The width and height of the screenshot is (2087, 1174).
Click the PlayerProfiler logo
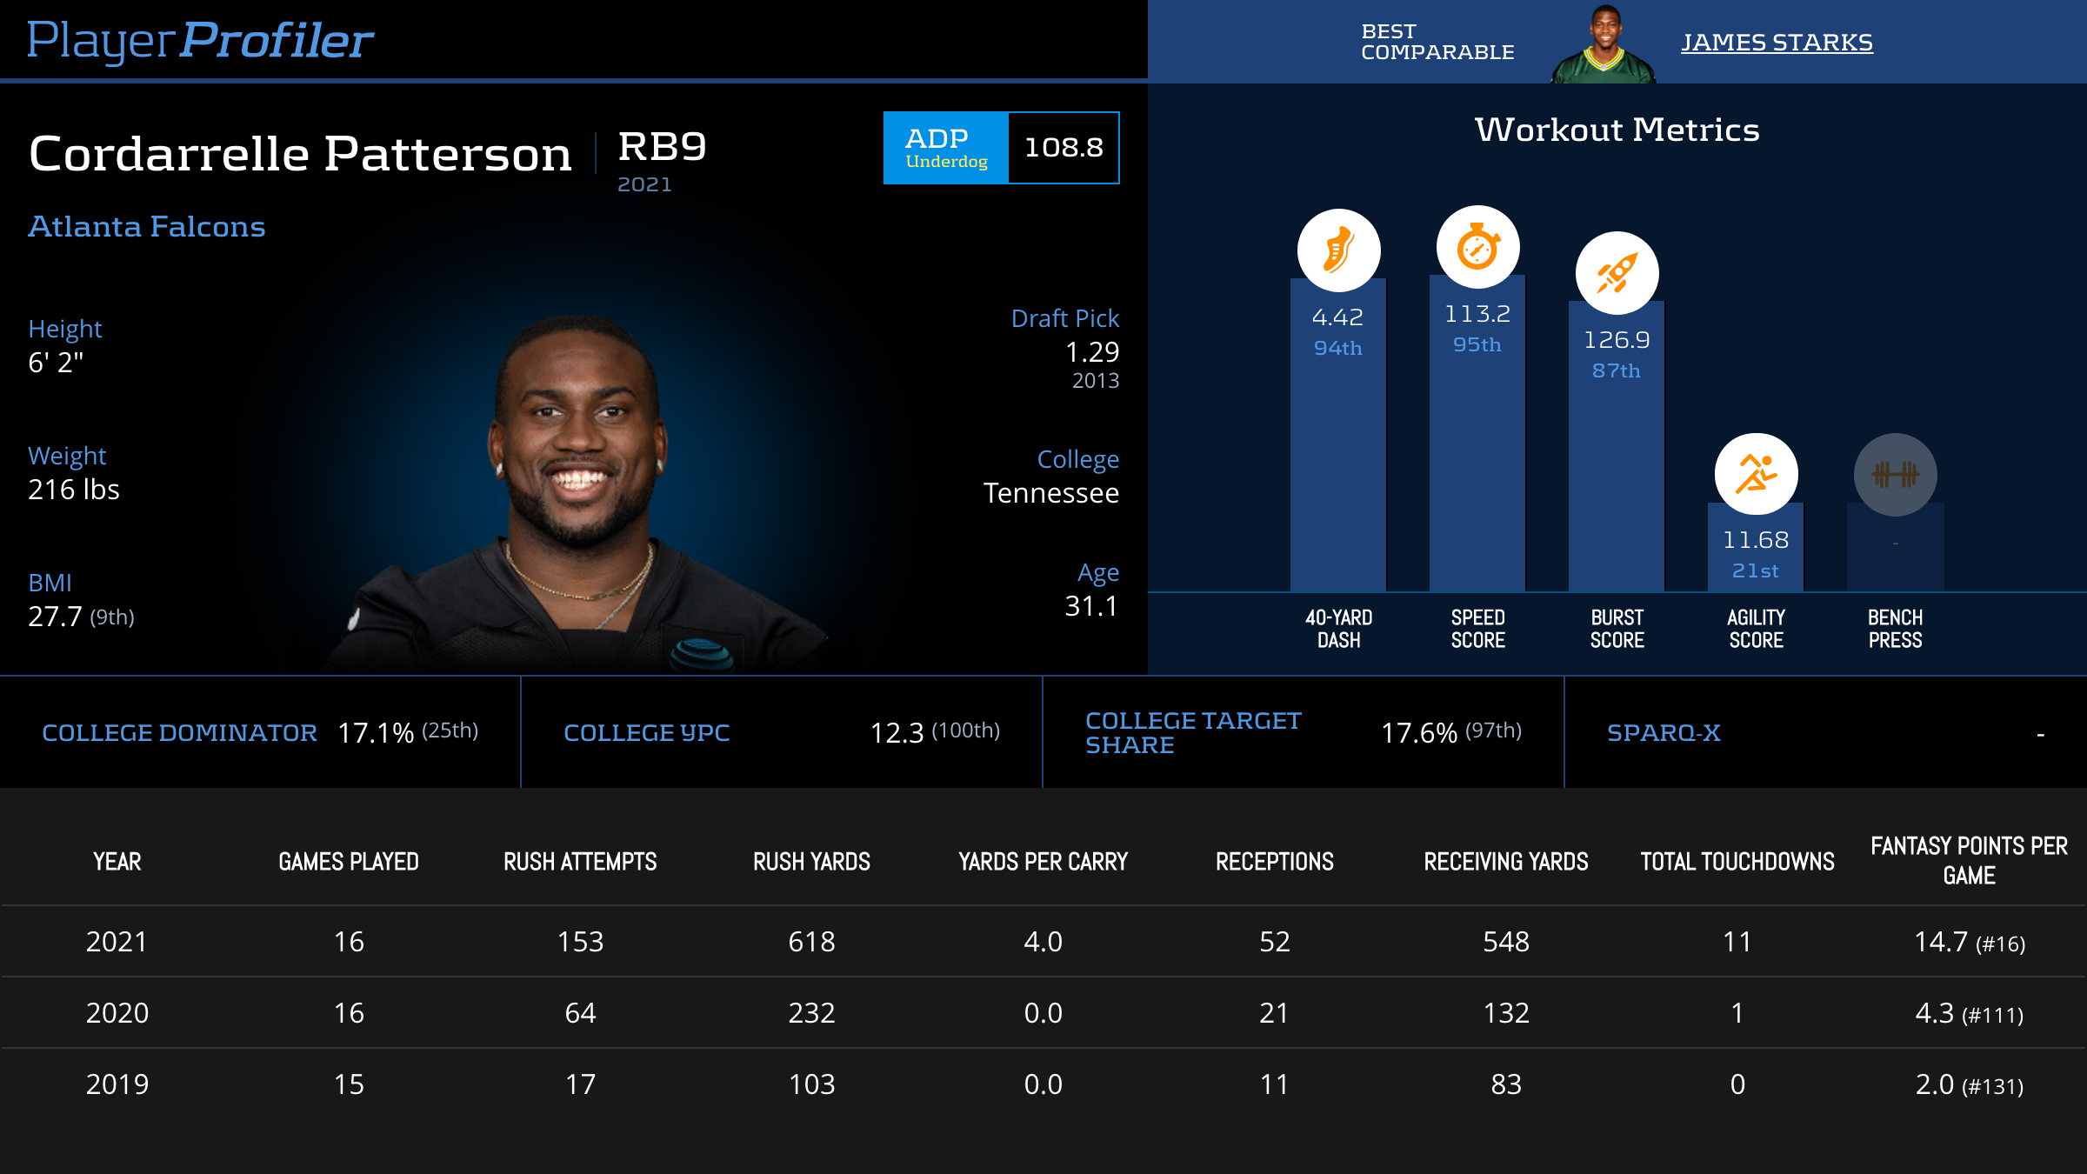coord(200,40)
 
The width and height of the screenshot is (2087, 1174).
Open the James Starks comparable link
coord(1777,43)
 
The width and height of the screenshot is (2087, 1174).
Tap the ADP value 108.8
coord(1064,148)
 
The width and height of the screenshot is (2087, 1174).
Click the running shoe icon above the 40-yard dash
coord(1338,250)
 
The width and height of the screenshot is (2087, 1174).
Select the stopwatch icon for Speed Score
coord(1477,248)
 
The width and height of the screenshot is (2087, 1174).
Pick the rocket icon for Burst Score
coord(1617,273)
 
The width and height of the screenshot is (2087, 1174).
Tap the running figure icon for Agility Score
coord(1756,474)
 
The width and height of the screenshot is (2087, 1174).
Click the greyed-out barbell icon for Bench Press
coord(1895,474)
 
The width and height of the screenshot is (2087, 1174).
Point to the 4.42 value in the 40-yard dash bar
coord(1337,317)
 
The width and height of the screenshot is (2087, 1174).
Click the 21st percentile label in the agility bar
coord(1756,571)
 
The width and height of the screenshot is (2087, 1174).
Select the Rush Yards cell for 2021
coord(811,942)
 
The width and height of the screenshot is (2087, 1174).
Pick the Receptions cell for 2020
coord(1274,1013)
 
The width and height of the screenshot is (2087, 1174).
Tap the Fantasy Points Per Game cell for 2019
coord(1969,1084)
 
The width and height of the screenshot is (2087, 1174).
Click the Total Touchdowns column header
coord(1737,862)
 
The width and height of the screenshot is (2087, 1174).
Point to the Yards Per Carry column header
coord(1043,862)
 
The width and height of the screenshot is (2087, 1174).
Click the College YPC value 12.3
coord(897,733)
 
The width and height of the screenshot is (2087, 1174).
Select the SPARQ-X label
coord(1664,733)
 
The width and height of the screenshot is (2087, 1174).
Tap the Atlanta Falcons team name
coord(147,227)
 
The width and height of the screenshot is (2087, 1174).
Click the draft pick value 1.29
coord(1092,352)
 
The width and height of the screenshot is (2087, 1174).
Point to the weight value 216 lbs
coord(74,490)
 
